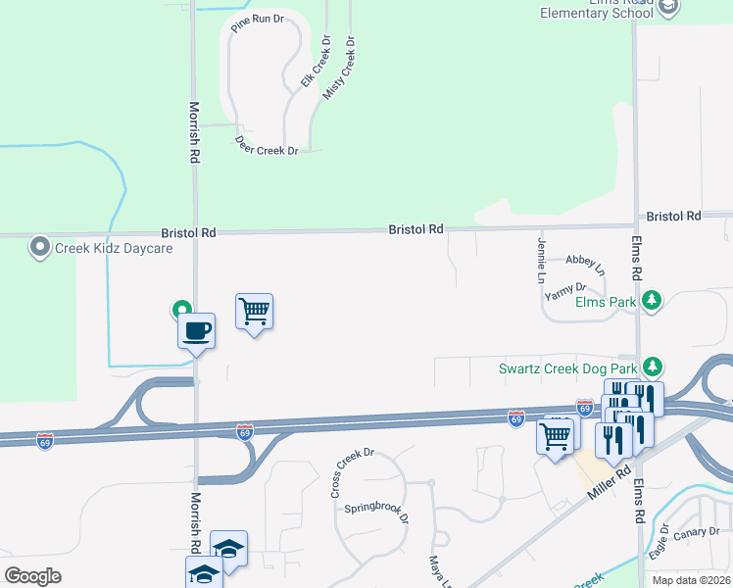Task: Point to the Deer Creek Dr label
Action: [x=266, y=145]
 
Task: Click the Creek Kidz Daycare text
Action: [x=114, y=248]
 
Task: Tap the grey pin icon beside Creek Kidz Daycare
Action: [x=39, y=246]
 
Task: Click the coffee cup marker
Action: [x=197, y=330]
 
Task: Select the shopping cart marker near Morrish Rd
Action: [x=255, y=312]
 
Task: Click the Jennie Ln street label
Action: [x=540, y=260]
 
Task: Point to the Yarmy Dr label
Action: [x=565, y=289]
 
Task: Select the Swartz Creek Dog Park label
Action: [x=567, y=368]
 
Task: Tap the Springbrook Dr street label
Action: [x=375, y=514]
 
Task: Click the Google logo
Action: [x=32, y=575]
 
